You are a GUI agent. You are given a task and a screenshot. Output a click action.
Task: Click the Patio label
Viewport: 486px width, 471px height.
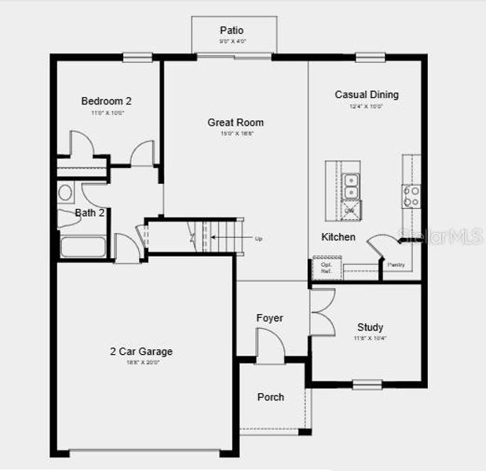(x=232, y=30)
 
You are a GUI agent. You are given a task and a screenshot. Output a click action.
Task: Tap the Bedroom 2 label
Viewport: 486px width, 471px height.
(x=106, y=100)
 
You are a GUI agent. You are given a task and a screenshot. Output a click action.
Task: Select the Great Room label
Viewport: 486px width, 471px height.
(x=236, y=122)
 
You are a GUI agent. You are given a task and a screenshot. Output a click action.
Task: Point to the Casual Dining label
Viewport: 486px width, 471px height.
(x=367, y=95)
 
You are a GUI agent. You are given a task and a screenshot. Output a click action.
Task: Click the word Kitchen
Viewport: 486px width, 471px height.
(x=338, y=236)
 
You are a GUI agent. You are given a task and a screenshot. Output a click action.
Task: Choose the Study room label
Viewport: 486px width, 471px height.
(x=370, y=327)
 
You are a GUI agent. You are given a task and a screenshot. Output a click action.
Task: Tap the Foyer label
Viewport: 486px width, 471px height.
(x=269, y=318)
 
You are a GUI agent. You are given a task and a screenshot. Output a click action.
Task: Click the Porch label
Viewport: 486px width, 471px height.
(x=271, y=396)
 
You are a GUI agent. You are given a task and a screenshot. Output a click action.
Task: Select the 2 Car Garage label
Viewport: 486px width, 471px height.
(x=141, y=351)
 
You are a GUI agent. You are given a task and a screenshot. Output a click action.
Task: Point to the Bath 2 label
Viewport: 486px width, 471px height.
(x=90, y=213)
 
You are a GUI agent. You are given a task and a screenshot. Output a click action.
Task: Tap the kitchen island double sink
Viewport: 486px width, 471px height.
(x=351, y=186)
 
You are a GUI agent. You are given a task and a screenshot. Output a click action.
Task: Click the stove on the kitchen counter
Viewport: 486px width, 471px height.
(x=411, y=196)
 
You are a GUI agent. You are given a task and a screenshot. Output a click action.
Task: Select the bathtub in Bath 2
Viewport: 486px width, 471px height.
(x=82, y=247)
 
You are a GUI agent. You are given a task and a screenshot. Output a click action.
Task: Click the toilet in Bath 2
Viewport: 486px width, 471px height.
(x=66, y=192)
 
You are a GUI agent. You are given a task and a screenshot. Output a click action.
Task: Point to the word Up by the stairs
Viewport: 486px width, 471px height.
(x=258, y=239)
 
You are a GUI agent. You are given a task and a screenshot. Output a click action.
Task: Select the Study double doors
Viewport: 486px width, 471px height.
(x=321, y=312)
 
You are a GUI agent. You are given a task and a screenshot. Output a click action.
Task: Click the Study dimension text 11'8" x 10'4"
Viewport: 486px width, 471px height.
(x=370, y=338)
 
